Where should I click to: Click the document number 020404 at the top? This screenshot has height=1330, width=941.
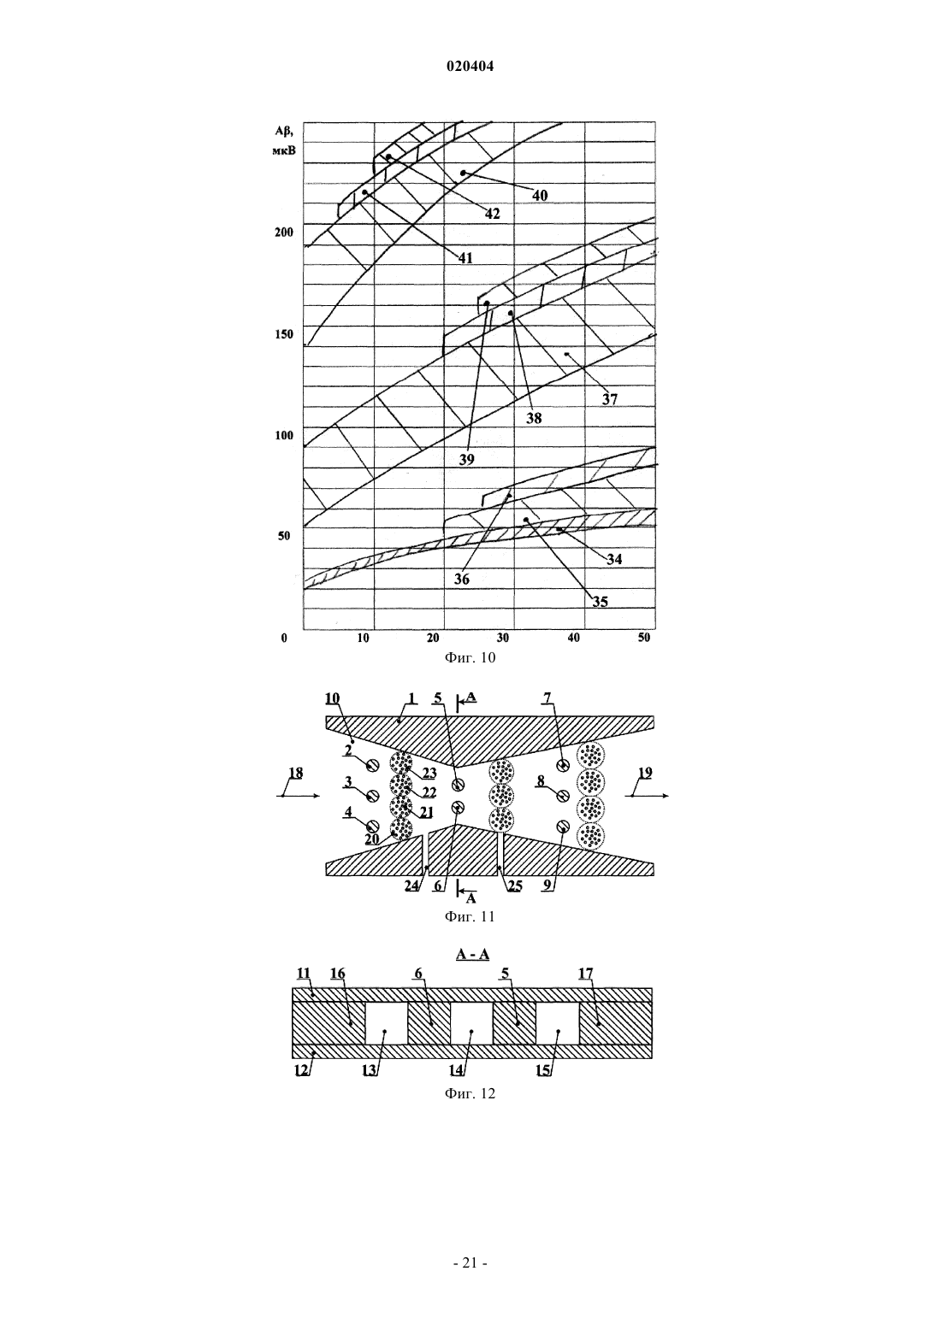(470, 67)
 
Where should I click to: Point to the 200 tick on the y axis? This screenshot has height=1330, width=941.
(284, 232)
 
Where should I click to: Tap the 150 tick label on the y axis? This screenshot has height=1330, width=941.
(284, 333)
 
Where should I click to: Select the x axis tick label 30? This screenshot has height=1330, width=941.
(503, 638)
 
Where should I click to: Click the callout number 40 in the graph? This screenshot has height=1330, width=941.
(540, 195)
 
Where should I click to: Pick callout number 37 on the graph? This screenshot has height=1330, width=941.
(610, 399)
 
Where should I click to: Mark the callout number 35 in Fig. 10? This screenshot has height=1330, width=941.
(600, 602)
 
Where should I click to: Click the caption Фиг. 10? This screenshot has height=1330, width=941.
(470, 658)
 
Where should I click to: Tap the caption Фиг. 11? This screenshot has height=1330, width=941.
(470, 916)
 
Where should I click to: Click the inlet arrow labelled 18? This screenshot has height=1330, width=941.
(299, 796)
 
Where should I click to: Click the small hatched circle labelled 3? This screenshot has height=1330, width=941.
(373, 795)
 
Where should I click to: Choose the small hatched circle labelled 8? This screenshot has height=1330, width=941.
(563, 794)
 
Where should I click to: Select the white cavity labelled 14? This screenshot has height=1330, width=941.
(471, 1023)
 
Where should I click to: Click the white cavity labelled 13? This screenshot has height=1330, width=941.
(386, 1023)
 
